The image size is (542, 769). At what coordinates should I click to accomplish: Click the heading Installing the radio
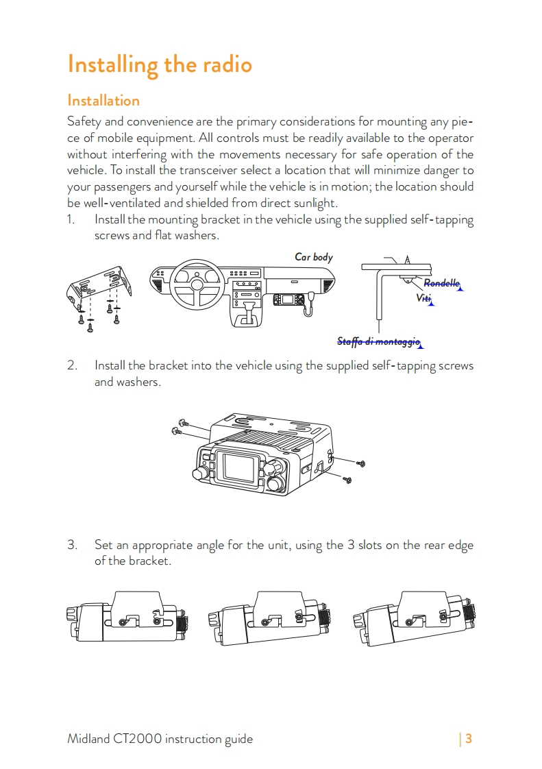click(160, 65)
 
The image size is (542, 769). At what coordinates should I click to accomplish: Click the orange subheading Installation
click(103, 101)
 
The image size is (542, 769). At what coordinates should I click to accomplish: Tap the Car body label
click(314, 257)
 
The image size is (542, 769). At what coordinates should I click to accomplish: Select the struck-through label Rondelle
click(441, 283)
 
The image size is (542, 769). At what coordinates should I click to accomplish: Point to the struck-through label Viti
click(424, 298)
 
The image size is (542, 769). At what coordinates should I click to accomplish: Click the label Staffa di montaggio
click(378, 341)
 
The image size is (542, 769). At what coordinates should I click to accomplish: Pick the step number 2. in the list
click(72, 365)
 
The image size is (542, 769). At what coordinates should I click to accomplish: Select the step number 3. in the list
click(72, 546)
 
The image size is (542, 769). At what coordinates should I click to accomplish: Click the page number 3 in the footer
click(469, 739)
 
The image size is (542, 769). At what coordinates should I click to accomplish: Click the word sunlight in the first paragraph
click(313, 203)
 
